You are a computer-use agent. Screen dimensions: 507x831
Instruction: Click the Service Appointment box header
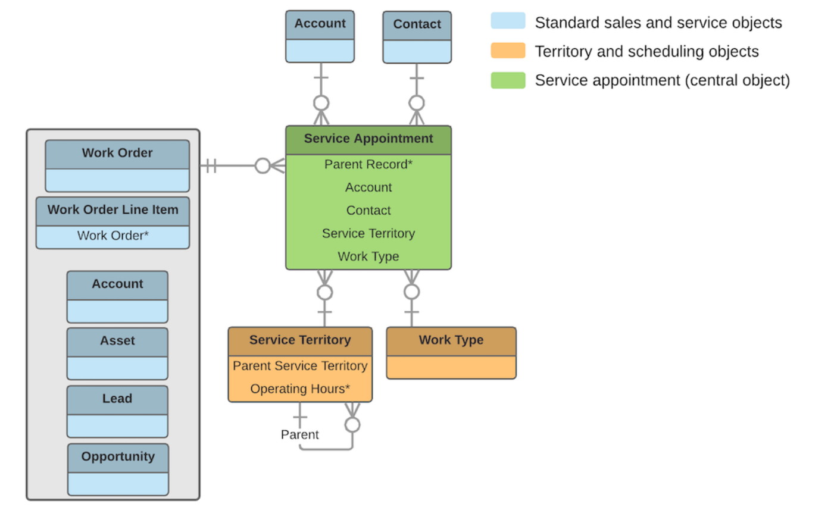pos(368,139)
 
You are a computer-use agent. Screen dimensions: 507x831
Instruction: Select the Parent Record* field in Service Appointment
pos(368,164)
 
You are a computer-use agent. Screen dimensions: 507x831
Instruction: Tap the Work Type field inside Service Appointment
pos(368,256)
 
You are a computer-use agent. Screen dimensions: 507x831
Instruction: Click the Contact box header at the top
pos(417,24)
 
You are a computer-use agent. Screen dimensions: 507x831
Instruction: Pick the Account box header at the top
pos(320,24)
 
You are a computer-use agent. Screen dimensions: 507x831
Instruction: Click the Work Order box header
pos(117,153)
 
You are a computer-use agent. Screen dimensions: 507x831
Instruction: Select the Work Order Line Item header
pos(113,210)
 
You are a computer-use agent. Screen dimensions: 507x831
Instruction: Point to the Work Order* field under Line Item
pos(113,236)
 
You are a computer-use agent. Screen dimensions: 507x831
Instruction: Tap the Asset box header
pos(117,341)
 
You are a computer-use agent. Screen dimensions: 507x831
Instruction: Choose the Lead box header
pos(117,399)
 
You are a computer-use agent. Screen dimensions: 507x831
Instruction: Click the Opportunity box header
pos(118,456)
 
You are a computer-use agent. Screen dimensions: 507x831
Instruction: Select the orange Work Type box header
pos(451,340)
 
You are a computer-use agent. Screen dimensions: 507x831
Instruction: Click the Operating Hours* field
pos(300,389)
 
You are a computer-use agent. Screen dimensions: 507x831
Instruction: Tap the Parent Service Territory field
pos(300,365)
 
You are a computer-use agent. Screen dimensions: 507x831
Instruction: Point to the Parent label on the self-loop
pos(299,435)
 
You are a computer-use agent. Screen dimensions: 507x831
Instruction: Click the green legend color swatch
pos(508,80)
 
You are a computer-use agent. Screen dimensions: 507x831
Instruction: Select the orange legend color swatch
pos(508,51)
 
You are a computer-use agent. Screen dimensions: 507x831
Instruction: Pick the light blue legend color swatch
pos(508,22)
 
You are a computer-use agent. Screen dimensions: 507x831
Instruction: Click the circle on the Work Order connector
pos(263,166)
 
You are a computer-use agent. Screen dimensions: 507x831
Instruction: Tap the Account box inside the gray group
pos(117,296)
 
